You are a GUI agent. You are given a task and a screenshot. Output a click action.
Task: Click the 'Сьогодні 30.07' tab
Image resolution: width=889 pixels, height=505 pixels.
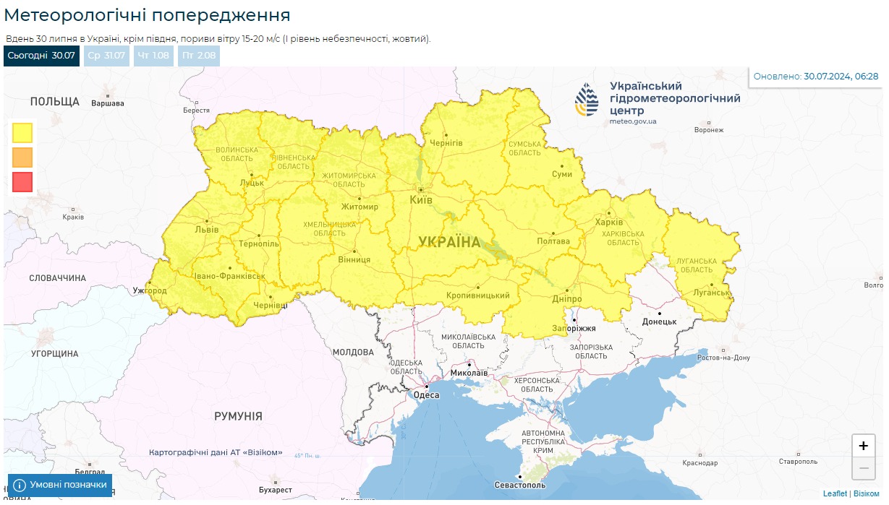(41, 56)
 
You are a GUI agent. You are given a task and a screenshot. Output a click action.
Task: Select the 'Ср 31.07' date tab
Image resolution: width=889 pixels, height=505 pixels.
(106, 56)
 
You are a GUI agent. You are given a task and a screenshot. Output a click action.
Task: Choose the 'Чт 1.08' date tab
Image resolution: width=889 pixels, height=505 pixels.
(153, 56)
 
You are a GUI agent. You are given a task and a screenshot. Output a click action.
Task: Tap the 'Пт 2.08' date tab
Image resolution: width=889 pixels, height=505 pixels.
(198, 56)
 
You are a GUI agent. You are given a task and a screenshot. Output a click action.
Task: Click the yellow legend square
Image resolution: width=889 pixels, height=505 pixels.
(22, 133)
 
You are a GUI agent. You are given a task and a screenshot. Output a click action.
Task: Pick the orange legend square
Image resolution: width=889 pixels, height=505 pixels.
(22, 157)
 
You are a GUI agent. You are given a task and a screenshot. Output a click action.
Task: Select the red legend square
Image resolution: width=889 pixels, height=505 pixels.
(22, 182)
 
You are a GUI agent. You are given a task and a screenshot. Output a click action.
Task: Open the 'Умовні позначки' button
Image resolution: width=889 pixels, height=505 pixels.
(60, 485)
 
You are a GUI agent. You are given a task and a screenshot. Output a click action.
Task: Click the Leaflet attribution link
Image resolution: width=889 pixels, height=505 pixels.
(835, 493)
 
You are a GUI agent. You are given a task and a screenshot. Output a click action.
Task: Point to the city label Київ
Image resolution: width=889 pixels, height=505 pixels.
(421, 199)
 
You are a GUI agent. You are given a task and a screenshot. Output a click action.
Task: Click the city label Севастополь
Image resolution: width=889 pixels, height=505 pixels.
(520, 485)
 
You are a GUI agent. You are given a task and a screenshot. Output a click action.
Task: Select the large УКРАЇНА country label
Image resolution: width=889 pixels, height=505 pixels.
(449, 242)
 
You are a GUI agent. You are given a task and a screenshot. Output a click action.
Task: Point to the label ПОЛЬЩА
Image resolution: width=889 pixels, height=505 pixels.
(55, 101)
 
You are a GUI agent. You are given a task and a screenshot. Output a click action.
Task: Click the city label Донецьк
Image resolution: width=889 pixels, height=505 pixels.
(659, 321)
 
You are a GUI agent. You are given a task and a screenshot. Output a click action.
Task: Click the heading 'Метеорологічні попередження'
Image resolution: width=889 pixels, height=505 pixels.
(147, 15)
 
